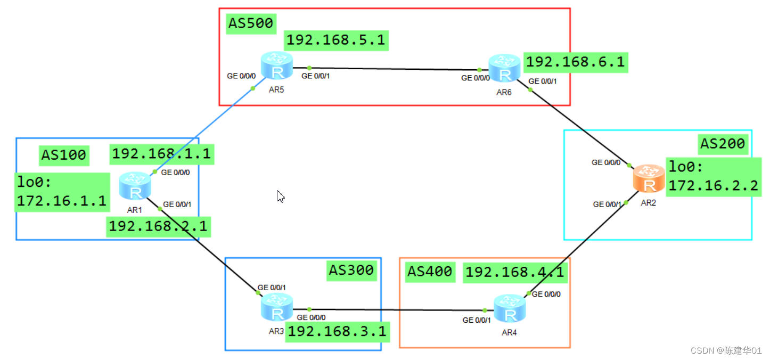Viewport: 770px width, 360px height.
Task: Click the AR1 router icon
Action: tap(135, 186)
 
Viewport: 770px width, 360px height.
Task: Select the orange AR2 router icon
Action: tap(649, 178)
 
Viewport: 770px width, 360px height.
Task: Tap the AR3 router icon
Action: tap(277, 308)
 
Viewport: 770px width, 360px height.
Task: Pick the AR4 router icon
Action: tap(510, 308)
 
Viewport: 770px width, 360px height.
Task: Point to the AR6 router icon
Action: tap(504, 68)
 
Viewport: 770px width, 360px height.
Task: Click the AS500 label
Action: tap(250, 23)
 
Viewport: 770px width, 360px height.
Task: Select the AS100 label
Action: tap(63, 155)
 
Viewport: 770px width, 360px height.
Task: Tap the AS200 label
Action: tap(723, 143)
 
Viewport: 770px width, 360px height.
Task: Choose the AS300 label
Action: tap(351, 270)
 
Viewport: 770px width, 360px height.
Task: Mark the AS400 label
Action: tap(430, 272)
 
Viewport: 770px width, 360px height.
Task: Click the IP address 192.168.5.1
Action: tap(335, 40)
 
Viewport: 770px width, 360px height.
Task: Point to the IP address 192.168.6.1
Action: tap(575, 62)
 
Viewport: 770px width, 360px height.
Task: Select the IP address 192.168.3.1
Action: tap(337, 332)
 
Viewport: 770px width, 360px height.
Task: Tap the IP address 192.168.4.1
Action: tap(514, 272)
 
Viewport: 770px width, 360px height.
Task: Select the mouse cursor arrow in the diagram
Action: tap(280, 197)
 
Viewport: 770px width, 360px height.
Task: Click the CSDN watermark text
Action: tap(726, 350)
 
